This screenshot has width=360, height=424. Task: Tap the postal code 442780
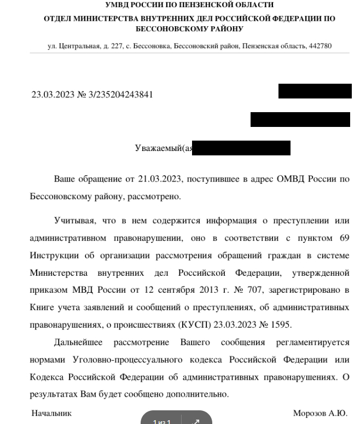tap(320, 46)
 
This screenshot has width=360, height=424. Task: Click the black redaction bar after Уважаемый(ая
tap(241, 148)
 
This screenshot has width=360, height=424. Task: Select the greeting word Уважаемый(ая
tap(163, 148)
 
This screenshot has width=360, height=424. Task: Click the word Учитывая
tap(73, 221)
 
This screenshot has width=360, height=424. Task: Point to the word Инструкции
tap(52, 255)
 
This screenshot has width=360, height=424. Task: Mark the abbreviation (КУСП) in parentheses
tap(191, 324)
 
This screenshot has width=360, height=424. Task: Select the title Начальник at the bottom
tap(51, 414)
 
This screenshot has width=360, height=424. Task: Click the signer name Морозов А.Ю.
tap(320, 414)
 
